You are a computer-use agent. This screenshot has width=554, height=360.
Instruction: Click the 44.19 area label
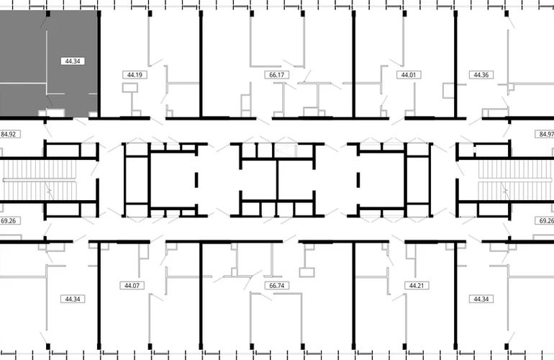click(135, 75)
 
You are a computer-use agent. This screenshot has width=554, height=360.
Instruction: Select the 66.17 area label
click(277, 75)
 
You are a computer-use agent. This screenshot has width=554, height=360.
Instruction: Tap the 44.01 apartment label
click(409, 75)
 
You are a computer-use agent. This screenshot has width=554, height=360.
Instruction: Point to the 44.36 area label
click(481, 75)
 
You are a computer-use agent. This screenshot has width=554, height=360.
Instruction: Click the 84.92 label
click(9, 135)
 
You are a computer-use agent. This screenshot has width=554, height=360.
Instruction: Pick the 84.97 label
click(545, 135)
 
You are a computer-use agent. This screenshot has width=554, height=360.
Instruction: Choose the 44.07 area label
click(132, 285)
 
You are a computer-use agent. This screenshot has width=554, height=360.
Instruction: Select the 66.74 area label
click(277, 285)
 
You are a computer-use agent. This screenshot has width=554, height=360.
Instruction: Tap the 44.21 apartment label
click(417, 285)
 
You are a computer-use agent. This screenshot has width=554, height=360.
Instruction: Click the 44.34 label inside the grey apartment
click(73, 61)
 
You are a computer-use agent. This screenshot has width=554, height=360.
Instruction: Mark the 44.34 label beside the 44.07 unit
click(73, 300)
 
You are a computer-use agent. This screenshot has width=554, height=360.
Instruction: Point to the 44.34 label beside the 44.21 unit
click(481, 300)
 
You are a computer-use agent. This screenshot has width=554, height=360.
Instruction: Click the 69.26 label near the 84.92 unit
click(9, 221)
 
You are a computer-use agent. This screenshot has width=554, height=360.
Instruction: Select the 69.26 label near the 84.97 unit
click(545, 221)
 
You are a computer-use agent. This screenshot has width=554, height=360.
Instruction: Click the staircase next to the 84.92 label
click(39, 180)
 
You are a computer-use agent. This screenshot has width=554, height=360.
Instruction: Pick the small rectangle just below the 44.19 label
click(130, 88)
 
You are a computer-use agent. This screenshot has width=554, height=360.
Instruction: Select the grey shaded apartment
click(49, 63)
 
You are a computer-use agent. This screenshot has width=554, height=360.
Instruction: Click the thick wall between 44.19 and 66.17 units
click(201, 64)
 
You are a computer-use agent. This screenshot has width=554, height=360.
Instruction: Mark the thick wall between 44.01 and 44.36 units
click(455, 64)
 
